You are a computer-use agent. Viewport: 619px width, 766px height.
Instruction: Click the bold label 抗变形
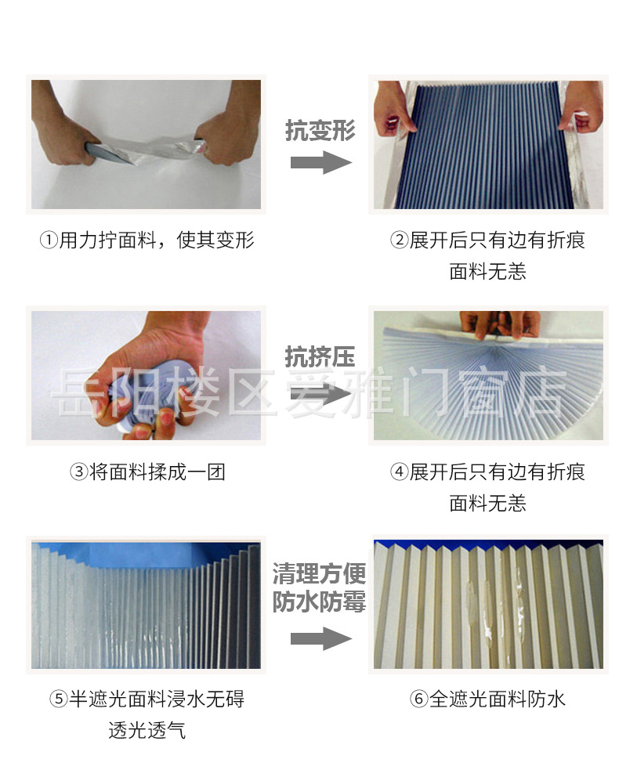tap(320, 131)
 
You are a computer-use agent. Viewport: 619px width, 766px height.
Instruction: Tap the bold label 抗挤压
tap(320, 358)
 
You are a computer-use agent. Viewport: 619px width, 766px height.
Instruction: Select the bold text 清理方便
tap(320, 574)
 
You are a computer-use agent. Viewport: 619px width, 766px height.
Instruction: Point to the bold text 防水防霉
tap(320, 602)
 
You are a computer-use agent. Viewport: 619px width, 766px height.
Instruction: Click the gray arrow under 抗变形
tap(320, 163)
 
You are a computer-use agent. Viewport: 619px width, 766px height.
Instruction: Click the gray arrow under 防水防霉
tap(320, 638)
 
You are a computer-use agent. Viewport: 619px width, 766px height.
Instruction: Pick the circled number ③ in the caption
tap(78, 472)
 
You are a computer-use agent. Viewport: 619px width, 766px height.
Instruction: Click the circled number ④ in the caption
tap(400, 472)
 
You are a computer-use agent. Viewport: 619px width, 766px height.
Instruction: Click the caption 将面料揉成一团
tap(157, 472)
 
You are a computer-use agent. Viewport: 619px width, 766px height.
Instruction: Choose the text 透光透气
tap(147, 730)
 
